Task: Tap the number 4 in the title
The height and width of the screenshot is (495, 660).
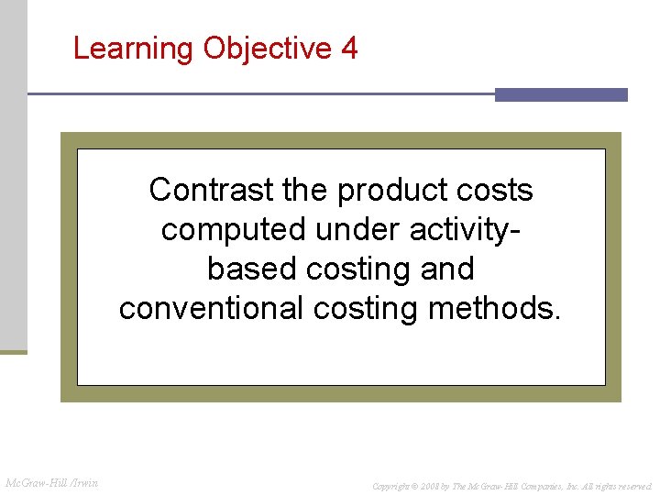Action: pos(348,48)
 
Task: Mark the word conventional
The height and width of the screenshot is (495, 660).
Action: pos(212,309)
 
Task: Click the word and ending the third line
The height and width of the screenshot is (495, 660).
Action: pos(445,269)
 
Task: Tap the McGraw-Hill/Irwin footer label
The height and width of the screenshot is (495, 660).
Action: pos(52,482)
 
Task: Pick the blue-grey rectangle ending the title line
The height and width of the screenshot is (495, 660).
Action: pos(561,94)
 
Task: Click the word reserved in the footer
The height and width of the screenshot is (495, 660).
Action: pos(632,485)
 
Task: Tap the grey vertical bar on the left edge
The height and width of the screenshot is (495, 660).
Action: pos(14,174)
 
